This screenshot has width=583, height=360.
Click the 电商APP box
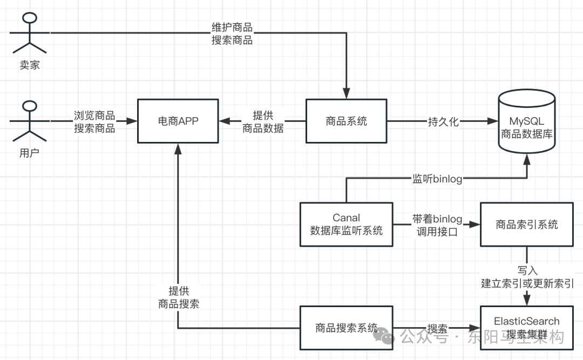[178, 121]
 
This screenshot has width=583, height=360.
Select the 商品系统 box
[346, 121]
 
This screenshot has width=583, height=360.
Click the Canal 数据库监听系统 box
[346, 225]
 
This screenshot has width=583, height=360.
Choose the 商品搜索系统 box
[346, 328]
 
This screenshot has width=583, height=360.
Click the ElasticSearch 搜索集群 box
[526, 328]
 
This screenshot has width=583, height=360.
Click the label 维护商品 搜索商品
[232, 33]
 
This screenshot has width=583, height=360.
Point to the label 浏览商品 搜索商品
[94, 122]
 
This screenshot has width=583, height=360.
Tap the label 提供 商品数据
[263, 122]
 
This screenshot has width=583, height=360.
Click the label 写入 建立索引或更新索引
[527, 276]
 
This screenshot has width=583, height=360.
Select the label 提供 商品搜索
[178, 297]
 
